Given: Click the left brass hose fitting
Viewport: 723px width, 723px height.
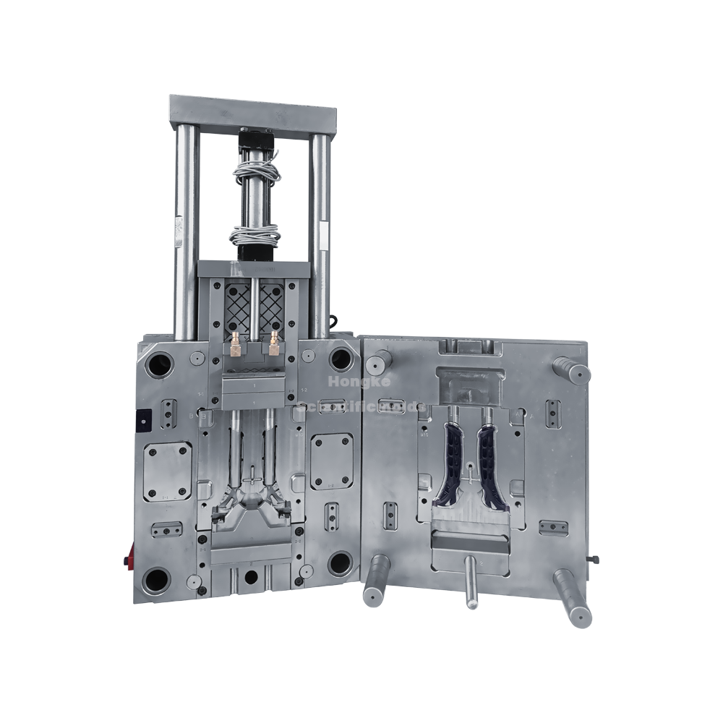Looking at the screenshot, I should [x=236, y=347].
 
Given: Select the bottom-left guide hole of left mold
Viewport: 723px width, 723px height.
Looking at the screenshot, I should [x=157, y=579].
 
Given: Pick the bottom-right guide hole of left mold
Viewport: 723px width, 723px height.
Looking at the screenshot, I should [x=339, y=564].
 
